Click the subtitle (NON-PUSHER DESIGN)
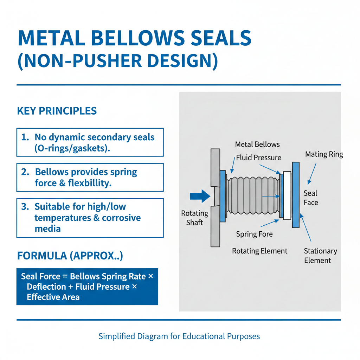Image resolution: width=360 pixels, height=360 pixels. point(117,60)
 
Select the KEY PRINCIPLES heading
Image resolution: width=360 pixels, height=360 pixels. point(57,111)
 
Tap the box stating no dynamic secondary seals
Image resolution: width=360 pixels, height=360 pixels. point(90,142)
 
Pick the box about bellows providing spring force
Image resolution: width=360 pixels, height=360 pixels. point(90,177)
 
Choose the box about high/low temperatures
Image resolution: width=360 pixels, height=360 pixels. point(90,218)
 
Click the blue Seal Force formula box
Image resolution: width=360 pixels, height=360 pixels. point(87,287)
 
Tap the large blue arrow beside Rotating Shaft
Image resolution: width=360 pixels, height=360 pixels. point(199,197)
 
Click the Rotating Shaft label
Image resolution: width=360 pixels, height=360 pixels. point(194,218)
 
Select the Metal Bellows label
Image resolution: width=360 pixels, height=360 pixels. point(257,144)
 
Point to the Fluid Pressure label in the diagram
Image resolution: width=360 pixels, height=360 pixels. point(258,158)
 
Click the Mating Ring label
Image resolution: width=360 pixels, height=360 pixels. point(324,154)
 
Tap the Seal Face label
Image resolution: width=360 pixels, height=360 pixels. point(311,198)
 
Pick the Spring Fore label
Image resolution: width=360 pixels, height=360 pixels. point(254,234)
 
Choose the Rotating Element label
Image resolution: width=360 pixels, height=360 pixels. point(259,251)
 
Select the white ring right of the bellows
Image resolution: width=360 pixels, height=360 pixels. point(287,195)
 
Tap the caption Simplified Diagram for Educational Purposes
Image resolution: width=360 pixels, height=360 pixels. point(179,336)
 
